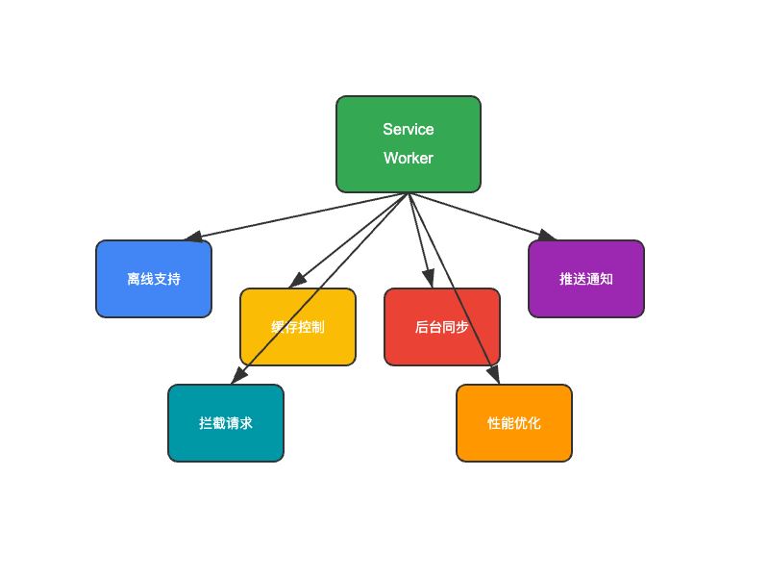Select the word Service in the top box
(x=409, y=130)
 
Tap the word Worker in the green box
(x=409, y=159)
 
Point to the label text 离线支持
(x=154, y=279)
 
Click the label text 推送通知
(x=586, y=279)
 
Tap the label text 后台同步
(x=442, y=327)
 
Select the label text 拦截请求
(x=226, y=423)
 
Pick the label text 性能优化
(x=514, y=423)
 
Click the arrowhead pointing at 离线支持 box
(x=191, y=236)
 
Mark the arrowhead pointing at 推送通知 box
(x=547, y=235)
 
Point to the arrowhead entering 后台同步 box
(x=429, y=279)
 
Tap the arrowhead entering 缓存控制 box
(x=298, y=279)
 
